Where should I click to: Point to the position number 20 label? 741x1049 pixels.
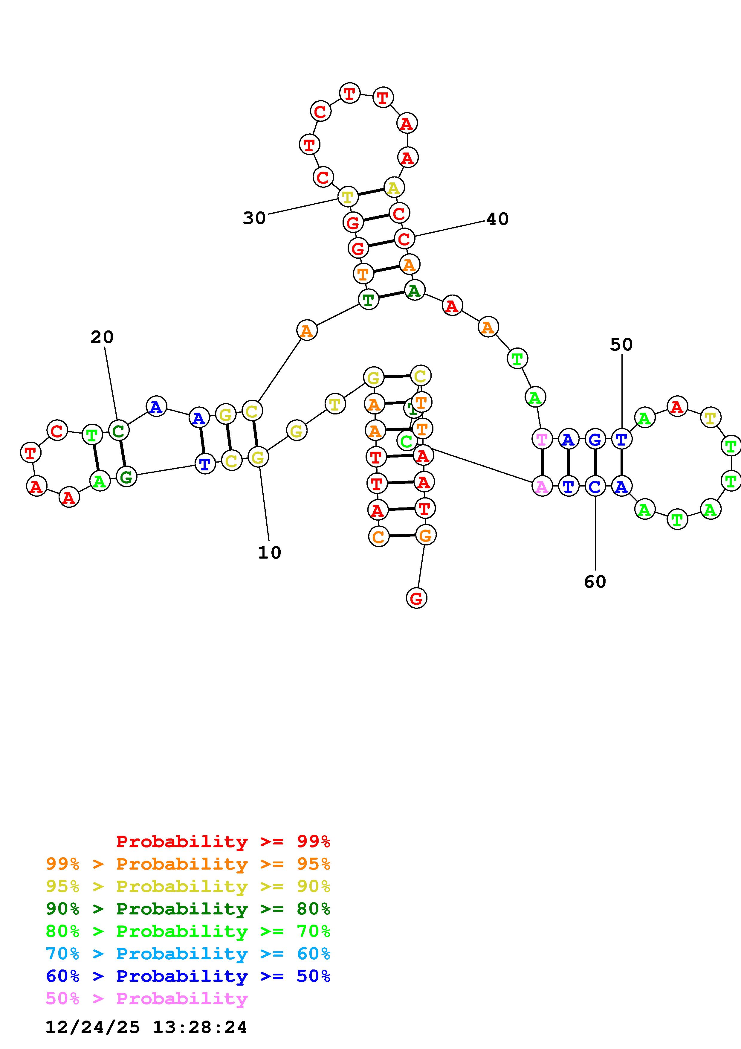[x=102, y=337]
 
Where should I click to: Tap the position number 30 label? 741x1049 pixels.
[x=254, y=218]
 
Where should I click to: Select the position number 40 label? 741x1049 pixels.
[x=497, y=219]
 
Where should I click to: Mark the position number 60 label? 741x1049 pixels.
[x=595, y=582]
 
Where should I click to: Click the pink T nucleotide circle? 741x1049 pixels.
[x=542, y=440]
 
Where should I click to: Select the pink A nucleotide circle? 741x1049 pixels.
[x=542, y=487]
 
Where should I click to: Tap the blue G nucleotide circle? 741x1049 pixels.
[x=595, y=440]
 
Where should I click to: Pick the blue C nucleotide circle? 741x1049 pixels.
[x=595, y=487]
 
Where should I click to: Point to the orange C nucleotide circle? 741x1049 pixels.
[x=378, y=536]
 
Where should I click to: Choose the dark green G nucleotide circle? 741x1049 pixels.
[x=126, y=477]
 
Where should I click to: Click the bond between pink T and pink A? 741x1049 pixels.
[x=542, y=463]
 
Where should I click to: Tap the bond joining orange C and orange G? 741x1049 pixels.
[x=402, y=536]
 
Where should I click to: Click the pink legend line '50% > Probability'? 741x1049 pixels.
[x=146, y=999]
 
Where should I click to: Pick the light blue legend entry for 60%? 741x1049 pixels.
[x=188, y=954]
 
